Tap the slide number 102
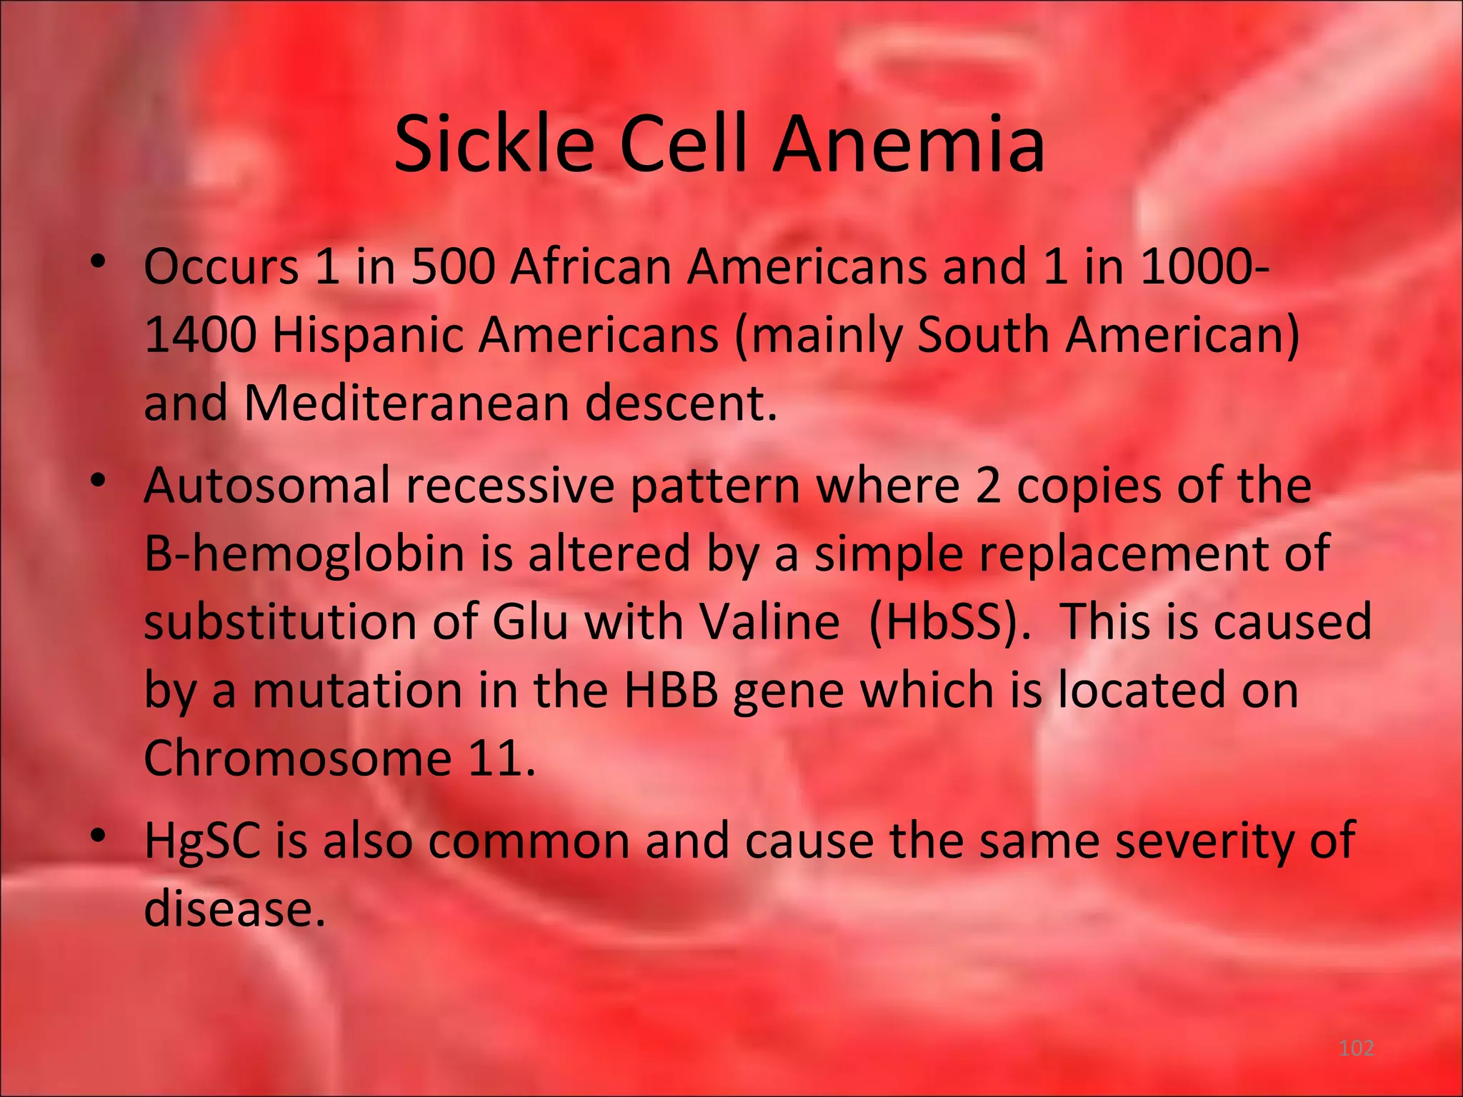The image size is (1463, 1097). click(x=1356, y=1048)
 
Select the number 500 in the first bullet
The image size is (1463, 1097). click(x=453, y=266)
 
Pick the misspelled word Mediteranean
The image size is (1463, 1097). click(x=407, y=403)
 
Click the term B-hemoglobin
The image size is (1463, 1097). click(x=304, y=553)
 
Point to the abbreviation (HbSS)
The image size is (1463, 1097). click(x=950, y=621)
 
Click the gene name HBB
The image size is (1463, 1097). click(x=671, y=690)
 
